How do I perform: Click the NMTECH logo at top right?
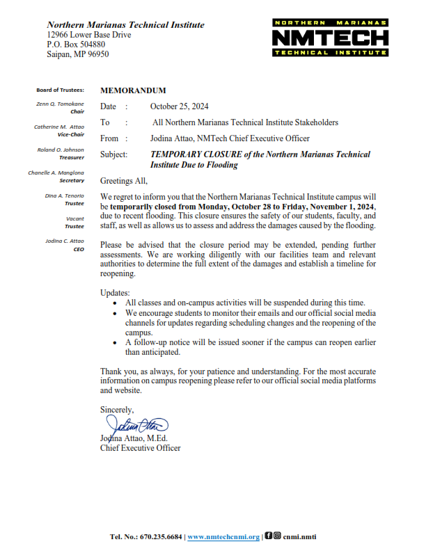pyautogui.click(x=329, y=38)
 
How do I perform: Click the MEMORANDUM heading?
pyautogui.click(x=134, y=90)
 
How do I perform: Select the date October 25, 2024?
pyautogui.click(x=180, y=106)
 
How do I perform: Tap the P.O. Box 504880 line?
pyautogui.click(x=77, y=45)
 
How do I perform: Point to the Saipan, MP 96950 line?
pyautogui.click(x=78, y=54)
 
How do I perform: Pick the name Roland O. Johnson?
pyautogui.click(x=61, y=150)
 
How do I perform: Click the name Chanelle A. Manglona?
pyautogui.click(x=56, y=173)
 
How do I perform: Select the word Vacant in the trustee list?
pyautogui.click(x=74, y=218)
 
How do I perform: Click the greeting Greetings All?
pyautogui.click(x=126, y=180)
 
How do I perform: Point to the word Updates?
pyautogui.click(x=115, y=292)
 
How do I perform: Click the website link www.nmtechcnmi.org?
pyautogui.click(x=223, y=537)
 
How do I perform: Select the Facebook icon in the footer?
pyautogui.click(x=268, y=536)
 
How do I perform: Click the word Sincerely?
pyautogui.click(x=117, y=410)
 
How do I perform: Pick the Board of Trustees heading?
pyautogui.click(x=61, y=90)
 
